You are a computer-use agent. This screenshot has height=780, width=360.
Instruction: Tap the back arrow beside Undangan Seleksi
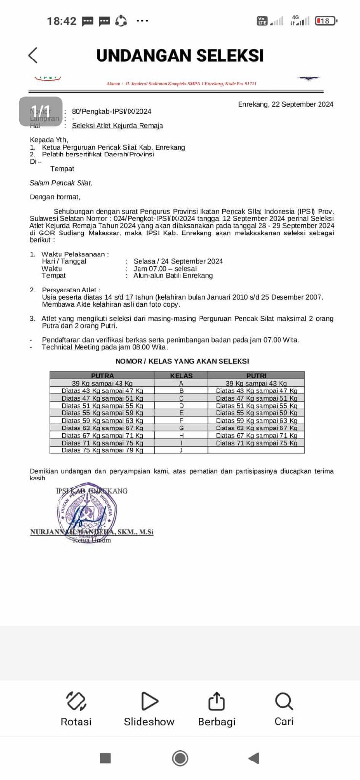click(x=33, y=55)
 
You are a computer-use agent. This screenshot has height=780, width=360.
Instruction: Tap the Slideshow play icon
click(x=149, y=702)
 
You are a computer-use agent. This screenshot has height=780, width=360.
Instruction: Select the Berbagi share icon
click(x=217, y=702)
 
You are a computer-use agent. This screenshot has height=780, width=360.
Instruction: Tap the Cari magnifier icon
click(x=284, y=702)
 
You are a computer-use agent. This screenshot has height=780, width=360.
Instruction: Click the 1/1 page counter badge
click(x=41, y=111)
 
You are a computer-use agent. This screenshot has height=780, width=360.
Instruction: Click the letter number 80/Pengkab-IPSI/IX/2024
click(x=112, y=111)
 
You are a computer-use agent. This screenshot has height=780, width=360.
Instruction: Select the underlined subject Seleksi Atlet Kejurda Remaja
click(x=118, y=126)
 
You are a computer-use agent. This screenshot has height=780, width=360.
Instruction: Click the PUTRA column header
click(x=102, y=376)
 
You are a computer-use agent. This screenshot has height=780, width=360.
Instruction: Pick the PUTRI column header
click(x=257, y=376)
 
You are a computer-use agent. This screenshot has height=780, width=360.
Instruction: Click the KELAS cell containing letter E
click(x=181, y=413)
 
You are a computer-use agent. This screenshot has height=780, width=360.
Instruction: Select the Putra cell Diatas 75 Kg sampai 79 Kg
click(x=102, y=450)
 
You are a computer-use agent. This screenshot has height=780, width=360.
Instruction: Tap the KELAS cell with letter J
click(x=181, y=450)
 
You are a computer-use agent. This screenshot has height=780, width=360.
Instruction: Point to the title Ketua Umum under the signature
click(x=92, y=540)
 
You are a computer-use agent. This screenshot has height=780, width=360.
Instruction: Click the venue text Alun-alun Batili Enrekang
click(x=173, y=275)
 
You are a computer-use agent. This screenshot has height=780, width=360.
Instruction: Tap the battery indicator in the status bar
click(x=326, y=21)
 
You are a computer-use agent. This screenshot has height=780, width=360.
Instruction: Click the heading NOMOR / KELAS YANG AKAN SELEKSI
click(x=182, y=361)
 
